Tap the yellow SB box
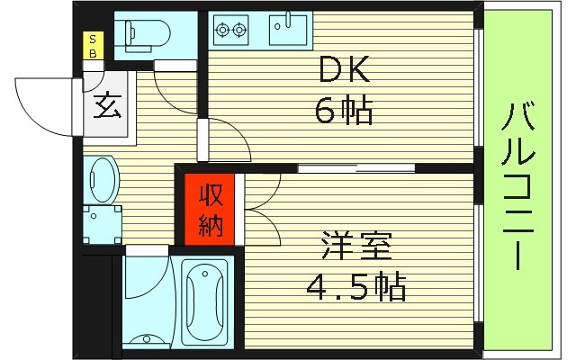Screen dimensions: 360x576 pyautogui.click(x=92, y=45)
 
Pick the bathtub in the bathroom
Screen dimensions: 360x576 pyautogui.click(x=207, y=302)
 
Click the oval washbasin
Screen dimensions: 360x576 pyautogui.click(x=103, y=179)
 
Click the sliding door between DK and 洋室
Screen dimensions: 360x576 pyautogui.click(x=355, y=167)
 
